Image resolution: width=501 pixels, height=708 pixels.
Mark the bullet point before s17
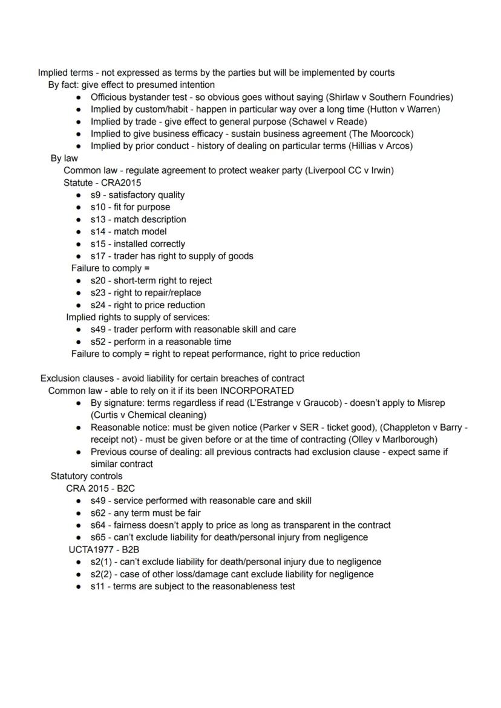79,256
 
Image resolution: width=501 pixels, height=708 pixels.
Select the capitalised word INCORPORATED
257,391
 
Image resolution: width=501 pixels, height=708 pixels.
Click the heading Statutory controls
87,476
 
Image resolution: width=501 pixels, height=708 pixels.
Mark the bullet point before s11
79,586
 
